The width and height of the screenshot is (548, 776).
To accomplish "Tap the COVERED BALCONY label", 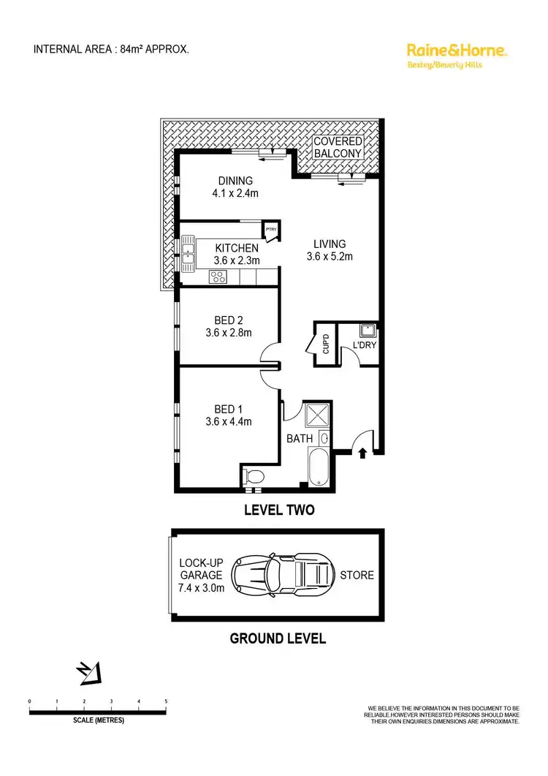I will point(337,147).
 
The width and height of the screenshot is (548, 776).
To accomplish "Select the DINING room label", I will point(235,181).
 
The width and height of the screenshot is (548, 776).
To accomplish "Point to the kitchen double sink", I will point(189,249).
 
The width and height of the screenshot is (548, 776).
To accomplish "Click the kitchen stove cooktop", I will point(218,276).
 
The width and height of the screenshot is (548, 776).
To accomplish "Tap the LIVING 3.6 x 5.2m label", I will point(330,250).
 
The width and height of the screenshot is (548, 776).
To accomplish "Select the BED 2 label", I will point(229,320).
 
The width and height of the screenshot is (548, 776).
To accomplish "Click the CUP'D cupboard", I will point(326,343).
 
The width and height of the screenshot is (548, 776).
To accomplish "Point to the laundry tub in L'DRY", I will point(368,330).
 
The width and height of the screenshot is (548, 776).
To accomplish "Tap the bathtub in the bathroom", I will point(319,469).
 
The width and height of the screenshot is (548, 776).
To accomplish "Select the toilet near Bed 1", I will point(253,477).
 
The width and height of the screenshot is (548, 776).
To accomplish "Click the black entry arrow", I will point(363,454).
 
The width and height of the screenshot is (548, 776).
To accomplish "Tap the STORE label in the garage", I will point(356,575).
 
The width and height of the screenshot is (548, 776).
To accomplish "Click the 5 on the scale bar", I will point(166,701).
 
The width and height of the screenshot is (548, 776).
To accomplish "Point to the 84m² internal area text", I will point(134,50).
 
